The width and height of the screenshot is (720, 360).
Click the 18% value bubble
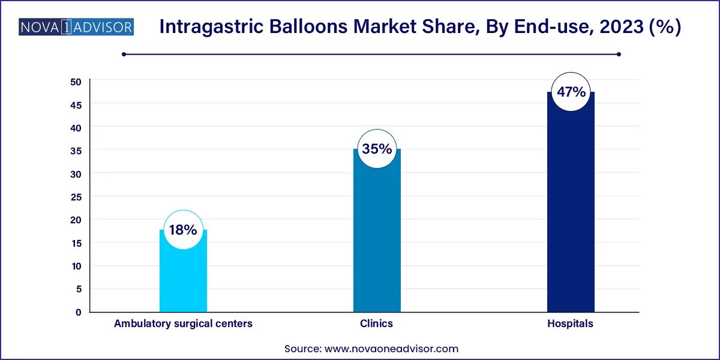(x=183, y=230)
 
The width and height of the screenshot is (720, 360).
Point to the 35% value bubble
(x=377, y=149)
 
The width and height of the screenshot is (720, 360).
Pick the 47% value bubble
(x=570, y=92)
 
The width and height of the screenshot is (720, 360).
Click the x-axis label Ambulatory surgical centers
(x=183, y=324)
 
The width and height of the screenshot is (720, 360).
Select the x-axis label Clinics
(x=377, y=324)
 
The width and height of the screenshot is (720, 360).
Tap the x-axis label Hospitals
(x=570, y=324)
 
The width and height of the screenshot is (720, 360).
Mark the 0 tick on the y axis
(x=78, y=312)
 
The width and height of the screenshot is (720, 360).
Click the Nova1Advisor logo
(x=76, y=27)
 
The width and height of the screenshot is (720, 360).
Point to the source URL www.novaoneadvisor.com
(x=391, y=349)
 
